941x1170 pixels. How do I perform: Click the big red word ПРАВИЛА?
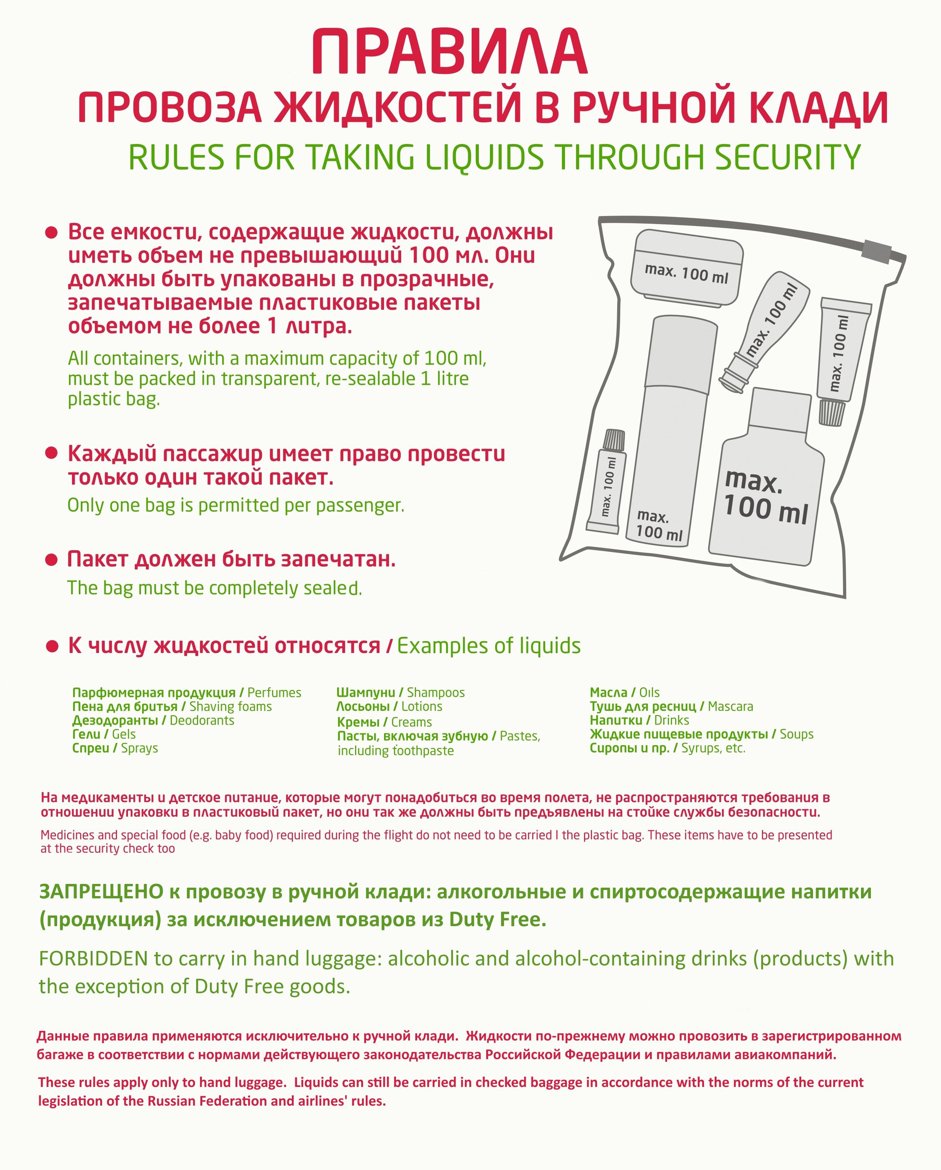point(449,53)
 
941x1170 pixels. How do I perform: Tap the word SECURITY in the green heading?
point(787,157)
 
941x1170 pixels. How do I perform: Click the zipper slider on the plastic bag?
point(876,250)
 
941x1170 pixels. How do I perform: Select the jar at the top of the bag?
point(687,267)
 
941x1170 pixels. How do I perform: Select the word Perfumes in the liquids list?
point(274,693)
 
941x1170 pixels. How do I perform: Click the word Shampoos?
point(436,693)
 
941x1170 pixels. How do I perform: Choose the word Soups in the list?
point(797,734)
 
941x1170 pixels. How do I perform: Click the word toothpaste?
point(423,751)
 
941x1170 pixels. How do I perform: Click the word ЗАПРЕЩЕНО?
point(101,892)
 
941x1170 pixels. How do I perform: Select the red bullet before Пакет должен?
point(51,560)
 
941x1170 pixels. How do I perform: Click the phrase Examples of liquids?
point(489,646)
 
